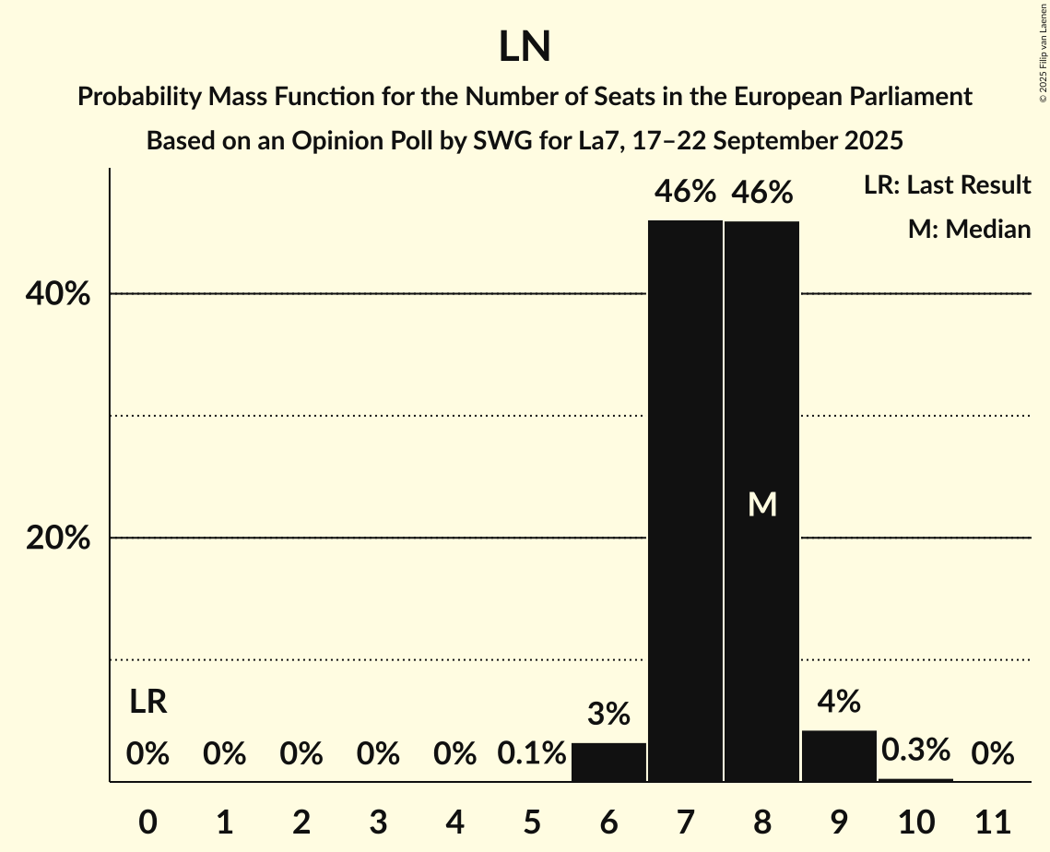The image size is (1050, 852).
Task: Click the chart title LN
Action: pos(525,47)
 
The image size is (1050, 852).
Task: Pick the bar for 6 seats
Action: pos(608,763)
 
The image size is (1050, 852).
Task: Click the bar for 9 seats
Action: pos(839,756)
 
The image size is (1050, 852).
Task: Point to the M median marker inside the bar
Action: pos(762,503)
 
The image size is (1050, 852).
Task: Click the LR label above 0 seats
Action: pos(147,703)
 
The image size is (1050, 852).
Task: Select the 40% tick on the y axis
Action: pos(57,294)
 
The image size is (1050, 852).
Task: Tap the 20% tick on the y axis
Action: pos(57,538)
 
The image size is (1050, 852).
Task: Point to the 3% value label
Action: pos(608,714)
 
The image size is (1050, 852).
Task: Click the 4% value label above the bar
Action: pos(839,702)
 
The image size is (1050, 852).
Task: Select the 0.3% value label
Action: pos(915,750)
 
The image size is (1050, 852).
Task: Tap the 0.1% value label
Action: pos(531,754)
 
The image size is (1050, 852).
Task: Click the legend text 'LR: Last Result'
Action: pos(947,185)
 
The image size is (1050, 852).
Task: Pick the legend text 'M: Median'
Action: pos(969,230)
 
